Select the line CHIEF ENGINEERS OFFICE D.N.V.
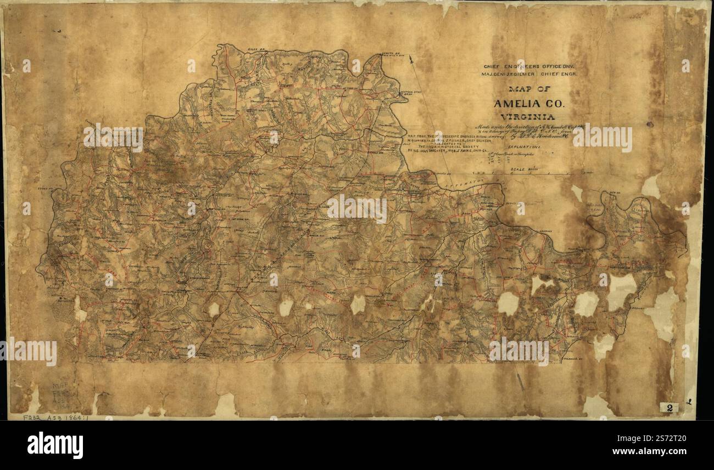(519, 65)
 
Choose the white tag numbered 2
(669, 407)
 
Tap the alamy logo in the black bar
(55, 445)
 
